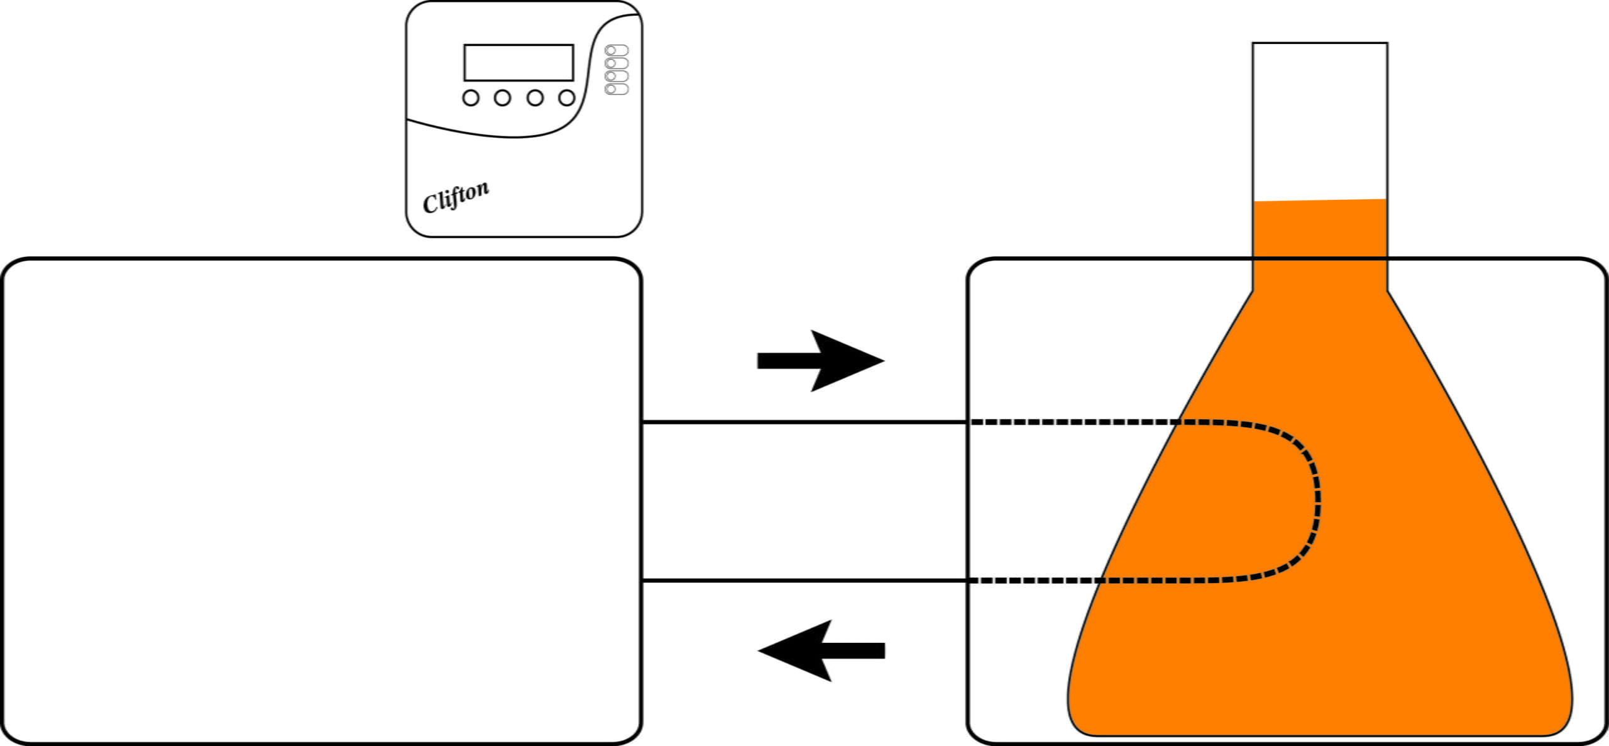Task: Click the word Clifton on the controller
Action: tap(456, 197)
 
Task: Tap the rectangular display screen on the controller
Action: tap(519, 62)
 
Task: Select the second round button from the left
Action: tap(502, 98)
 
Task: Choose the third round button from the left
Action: tap(535, 98)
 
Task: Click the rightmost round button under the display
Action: tap(567, 98)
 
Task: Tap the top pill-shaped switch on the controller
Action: tap(617, 50)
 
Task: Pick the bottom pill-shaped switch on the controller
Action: tap(617, 89)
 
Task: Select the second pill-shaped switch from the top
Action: tap(617, 63)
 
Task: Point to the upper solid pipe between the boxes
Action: tap(804, 422)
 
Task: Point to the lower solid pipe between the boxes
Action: tap(804, 581)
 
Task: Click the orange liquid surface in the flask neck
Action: tap(1320, 201)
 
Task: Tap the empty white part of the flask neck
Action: tap(1320, 119)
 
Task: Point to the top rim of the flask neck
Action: tap(1320, 43)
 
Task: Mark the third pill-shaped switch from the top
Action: tap(617, 76)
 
